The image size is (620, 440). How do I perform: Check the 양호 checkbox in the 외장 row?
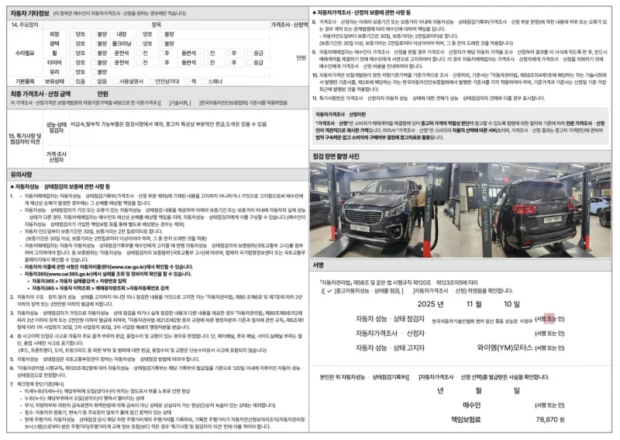click(x=71, y=35)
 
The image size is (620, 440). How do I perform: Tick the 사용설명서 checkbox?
click(x=115, y=80)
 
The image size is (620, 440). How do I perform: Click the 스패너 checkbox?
click(x=205, y=80)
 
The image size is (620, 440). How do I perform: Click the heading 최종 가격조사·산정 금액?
click(x=46, y=93)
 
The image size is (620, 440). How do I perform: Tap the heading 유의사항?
click(x=20, y=176)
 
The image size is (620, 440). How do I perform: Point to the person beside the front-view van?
click(x=419, y=203)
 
